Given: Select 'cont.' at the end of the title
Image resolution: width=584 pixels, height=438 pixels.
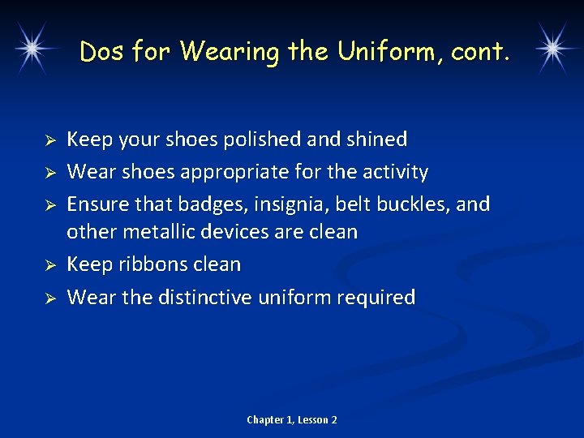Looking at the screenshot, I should tap(481, 53).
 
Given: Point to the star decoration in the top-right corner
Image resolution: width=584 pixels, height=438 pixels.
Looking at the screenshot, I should tap(552, 47).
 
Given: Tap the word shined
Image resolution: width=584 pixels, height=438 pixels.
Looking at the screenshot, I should tap(378, 140).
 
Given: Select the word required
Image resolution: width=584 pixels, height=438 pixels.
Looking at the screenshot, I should tap(376, 298).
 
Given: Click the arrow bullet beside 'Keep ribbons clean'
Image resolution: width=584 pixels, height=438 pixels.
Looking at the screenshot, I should tap(49, 265).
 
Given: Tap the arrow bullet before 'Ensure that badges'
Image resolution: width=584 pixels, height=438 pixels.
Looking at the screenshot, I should tap(49, 204).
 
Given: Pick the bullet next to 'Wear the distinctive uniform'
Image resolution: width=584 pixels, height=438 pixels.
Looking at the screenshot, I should tap(49, 298).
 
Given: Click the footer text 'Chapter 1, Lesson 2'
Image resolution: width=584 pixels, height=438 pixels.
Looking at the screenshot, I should tap(292, 419).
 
